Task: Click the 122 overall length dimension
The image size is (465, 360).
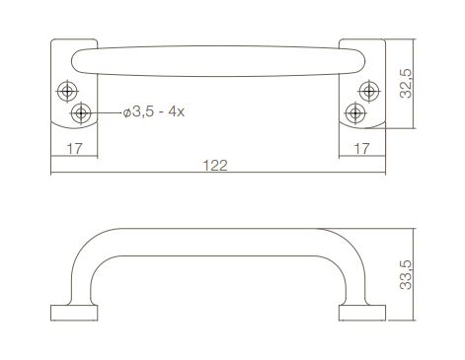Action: [x=215, y=166]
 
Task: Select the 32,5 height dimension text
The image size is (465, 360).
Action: [x=406, y=84]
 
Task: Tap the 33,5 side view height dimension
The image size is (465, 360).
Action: [x=406, y=274]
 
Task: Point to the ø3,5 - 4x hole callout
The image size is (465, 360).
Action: [x=154, y=111]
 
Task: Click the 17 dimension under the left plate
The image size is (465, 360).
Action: [x=74, y=149]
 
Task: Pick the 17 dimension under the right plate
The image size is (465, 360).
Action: [x=361, y=149]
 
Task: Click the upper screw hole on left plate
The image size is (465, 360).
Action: [x=67, y=91]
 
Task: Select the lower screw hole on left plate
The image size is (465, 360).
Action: [x=81, y=113]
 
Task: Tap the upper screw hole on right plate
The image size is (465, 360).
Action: [x=369, y=91]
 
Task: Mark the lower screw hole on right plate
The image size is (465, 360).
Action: [x=355, y=113]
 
